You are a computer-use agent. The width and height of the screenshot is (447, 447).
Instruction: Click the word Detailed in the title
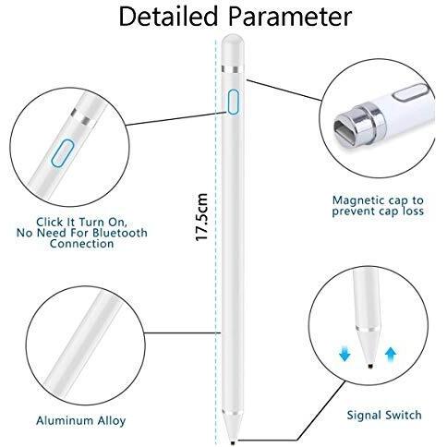[x=168, y=17]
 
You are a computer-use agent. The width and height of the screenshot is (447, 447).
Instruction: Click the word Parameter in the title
[x=290, y=17]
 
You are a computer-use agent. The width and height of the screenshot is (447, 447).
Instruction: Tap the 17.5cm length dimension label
[x=202, y=217]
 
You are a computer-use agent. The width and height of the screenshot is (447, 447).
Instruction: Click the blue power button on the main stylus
[x=234, y=102]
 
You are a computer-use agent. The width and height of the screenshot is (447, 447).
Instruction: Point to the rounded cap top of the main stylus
[x=233, y=49]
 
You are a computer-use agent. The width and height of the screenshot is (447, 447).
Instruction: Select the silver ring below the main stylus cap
[x=233, y=69]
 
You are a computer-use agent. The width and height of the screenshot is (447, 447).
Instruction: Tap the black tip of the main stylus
[x=233, y=442]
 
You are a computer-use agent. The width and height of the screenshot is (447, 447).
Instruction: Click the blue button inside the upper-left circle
[x=63, y=153]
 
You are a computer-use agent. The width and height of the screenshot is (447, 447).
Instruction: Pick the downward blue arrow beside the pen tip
[x=344, y=354]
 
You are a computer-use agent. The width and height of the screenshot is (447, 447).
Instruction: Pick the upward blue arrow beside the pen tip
[x=391, y=355]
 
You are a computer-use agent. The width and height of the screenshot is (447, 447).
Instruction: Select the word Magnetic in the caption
[x=358, y=200]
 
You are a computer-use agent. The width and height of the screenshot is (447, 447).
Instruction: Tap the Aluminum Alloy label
[x=81, y=420]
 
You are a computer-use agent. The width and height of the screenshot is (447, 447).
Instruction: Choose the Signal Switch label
[x=384, y=416]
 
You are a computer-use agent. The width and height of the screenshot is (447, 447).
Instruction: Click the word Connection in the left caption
[x=81, y=244]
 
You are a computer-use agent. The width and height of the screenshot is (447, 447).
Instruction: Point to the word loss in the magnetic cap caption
[x=413, y=211]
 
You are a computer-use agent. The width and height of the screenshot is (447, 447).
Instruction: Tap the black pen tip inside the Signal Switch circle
[x=370, y=367]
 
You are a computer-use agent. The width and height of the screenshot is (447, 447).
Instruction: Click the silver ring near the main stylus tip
[x=233, y=412]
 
